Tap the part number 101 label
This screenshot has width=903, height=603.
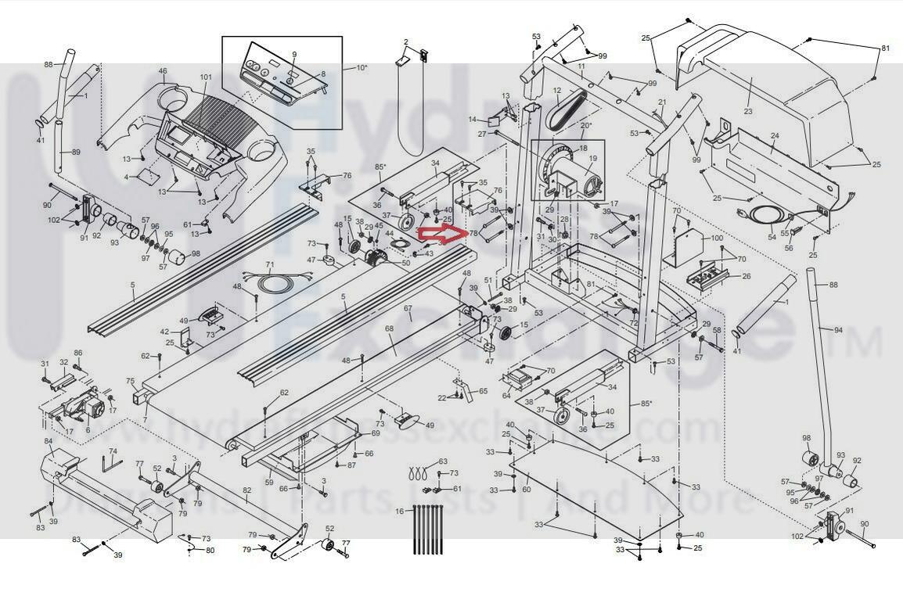[x=206, y=77]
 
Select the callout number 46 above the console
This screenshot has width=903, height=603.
[x=163, y=71]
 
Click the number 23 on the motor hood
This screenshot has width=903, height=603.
[x=748, y=112]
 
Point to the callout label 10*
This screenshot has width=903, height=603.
[x=362, y=68]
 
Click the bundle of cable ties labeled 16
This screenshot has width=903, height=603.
[x=426, y=529]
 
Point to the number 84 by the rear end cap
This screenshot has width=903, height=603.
[x=49, y=441]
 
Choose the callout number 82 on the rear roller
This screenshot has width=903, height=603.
[x=247, y=490]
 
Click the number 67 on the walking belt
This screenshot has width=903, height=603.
[x=408, y=309]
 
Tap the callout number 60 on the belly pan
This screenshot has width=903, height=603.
[x=527, y=490]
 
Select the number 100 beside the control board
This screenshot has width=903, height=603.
[x=717, y=237]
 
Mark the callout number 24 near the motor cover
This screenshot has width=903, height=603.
[x=775, y=135]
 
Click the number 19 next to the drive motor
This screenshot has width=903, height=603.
[x=592, y=158]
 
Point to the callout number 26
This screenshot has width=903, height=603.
[x=746, y=276]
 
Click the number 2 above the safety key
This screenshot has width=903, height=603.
[x=406, y=41]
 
